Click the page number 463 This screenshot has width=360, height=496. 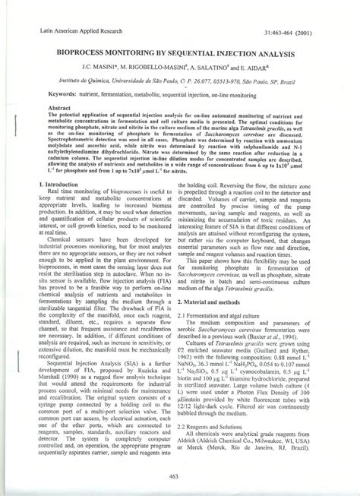[178, 475]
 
